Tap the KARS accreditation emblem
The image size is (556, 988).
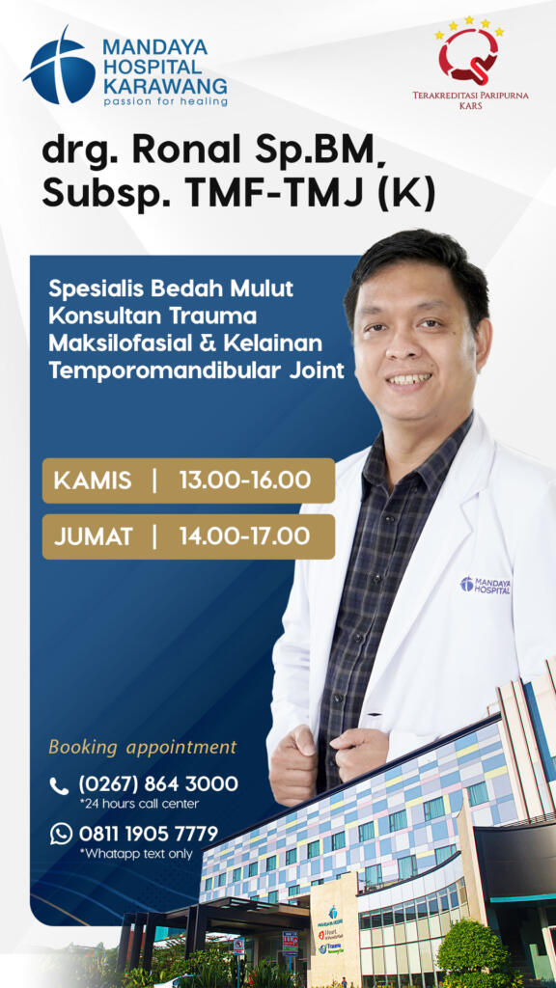(470, 50)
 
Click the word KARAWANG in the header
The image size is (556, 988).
(164, 85)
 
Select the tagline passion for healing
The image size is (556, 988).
(164, 101)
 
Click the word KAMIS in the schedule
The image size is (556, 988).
(93, 480)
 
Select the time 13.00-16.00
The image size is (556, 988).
(245, 480)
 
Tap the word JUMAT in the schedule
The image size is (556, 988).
(94, 536)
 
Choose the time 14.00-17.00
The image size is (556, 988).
(244, 536)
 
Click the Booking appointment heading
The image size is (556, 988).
(143, 748)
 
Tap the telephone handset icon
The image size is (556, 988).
(59, 785)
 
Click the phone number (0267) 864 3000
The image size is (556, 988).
(158, 784)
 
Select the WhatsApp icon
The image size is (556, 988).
(61, 834)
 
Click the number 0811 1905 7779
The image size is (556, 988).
(148, 834)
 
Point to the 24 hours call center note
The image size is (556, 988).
(139, 804)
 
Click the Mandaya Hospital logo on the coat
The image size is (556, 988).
(485, 585)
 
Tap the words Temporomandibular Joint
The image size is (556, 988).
(197, 370)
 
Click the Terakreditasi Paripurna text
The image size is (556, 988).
(470, 96)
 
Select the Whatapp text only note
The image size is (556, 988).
(135, 854)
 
